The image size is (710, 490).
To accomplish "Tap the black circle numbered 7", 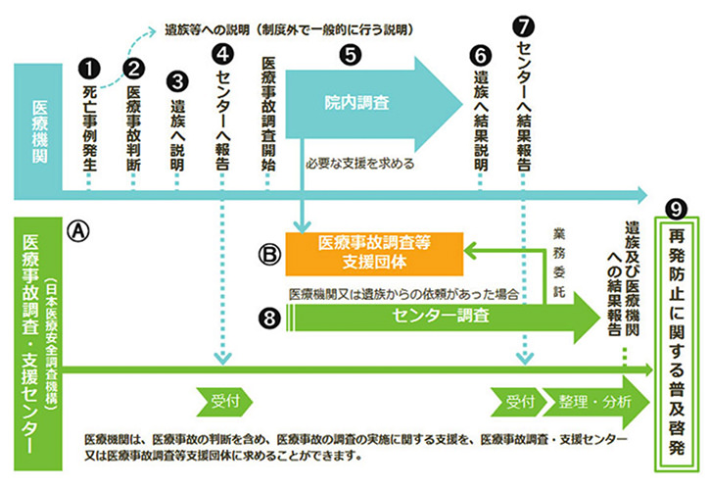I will (523, 22).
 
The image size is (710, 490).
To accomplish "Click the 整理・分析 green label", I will (595, 402).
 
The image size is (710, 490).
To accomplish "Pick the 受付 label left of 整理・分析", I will (519, 402).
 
